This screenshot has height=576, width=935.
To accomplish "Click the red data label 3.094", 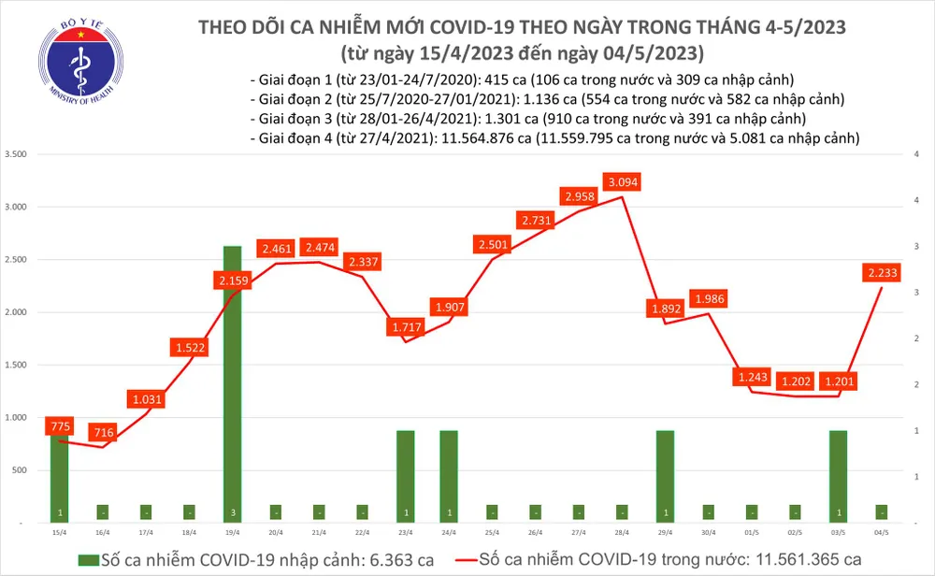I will click(x=623, y=181).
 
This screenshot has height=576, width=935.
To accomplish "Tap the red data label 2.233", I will click(x=884, y=272).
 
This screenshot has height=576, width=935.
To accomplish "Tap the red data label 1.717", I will click(x=407, y=327).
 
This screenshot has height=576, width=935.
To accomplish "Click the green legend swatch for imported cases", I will click(x=88, y=559).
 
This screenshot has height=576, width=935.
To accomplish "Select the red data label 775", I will click(x=60, y=427).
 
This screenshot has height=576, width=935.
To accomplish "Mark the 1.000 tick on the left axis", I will click(x=18, y=418).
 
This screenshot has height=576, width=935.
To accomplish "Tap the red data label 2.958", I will click(x=580, y=196).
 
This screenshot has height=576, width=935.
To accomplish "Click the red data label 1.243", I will click(x=753, y=377).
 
